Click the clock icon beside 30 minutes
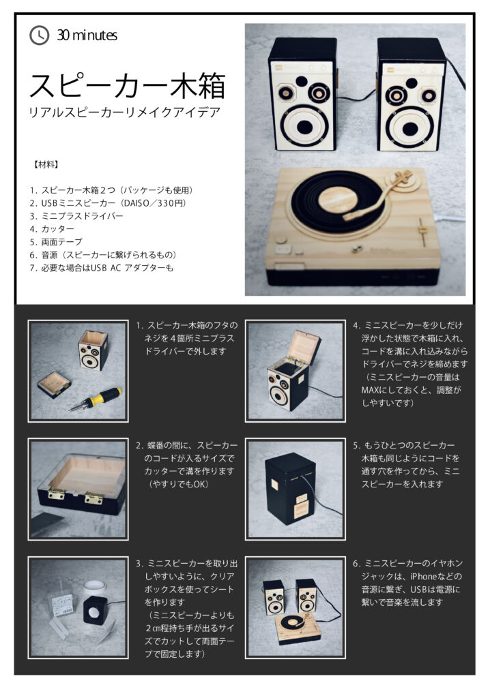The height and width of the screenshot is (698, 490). pyautogui.click(x=39, y=35)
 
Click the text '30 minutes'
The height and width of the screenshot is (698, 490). pyautogui.click(x=87, y=35)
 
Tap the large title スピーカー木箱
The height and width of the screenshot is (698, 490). pyautogui.click(x=128, y=85)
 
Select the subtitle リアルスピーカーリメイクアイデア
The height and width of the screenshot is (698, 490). pyautogui.click(x=124, y=112)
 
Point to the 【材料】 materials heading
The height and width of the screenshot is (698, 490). pyautogui.click(x=46, y=165)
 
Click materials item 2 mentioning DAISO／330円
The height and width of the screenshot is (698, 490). pyautogui.click(x=108, y=203)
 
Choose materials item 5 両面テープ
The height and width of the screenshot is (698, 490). pyautogui.click(x=56, y=242)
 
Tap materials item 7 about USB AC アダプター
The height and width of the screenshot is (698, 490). pyautogui.click(x=102, y=267)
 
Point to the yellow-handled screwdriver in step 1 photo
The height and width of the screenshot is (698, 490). pyautogui.click(x=94, y=400)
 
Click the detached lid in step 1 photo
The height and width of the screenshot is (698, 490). pyautogui.click(x=54, y=384)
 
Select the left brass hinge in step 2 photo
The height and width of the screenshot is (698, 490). pyautogui.click(x=56, y=494)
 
